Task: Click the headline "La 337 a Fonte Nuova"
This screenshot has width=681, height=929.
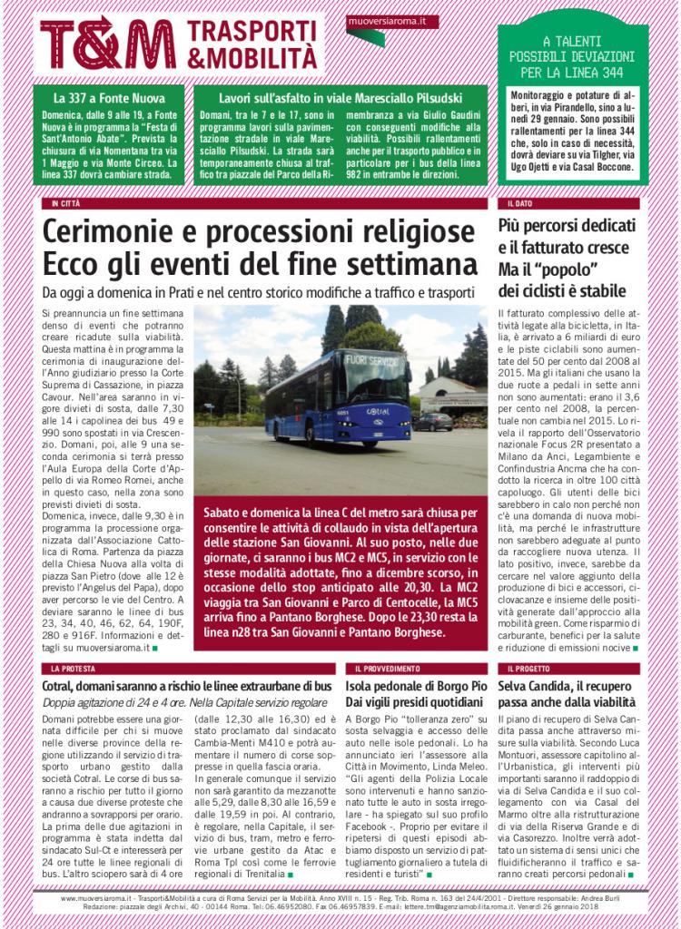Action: (106, 97)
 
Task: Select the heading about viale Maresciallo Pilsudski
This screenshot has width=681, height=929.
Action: (340, 97)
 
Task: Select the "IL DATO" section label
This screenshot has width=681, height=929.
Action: (519, 203)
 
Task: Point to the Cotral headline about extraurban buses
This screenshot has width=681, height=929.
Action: (187, 686)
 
